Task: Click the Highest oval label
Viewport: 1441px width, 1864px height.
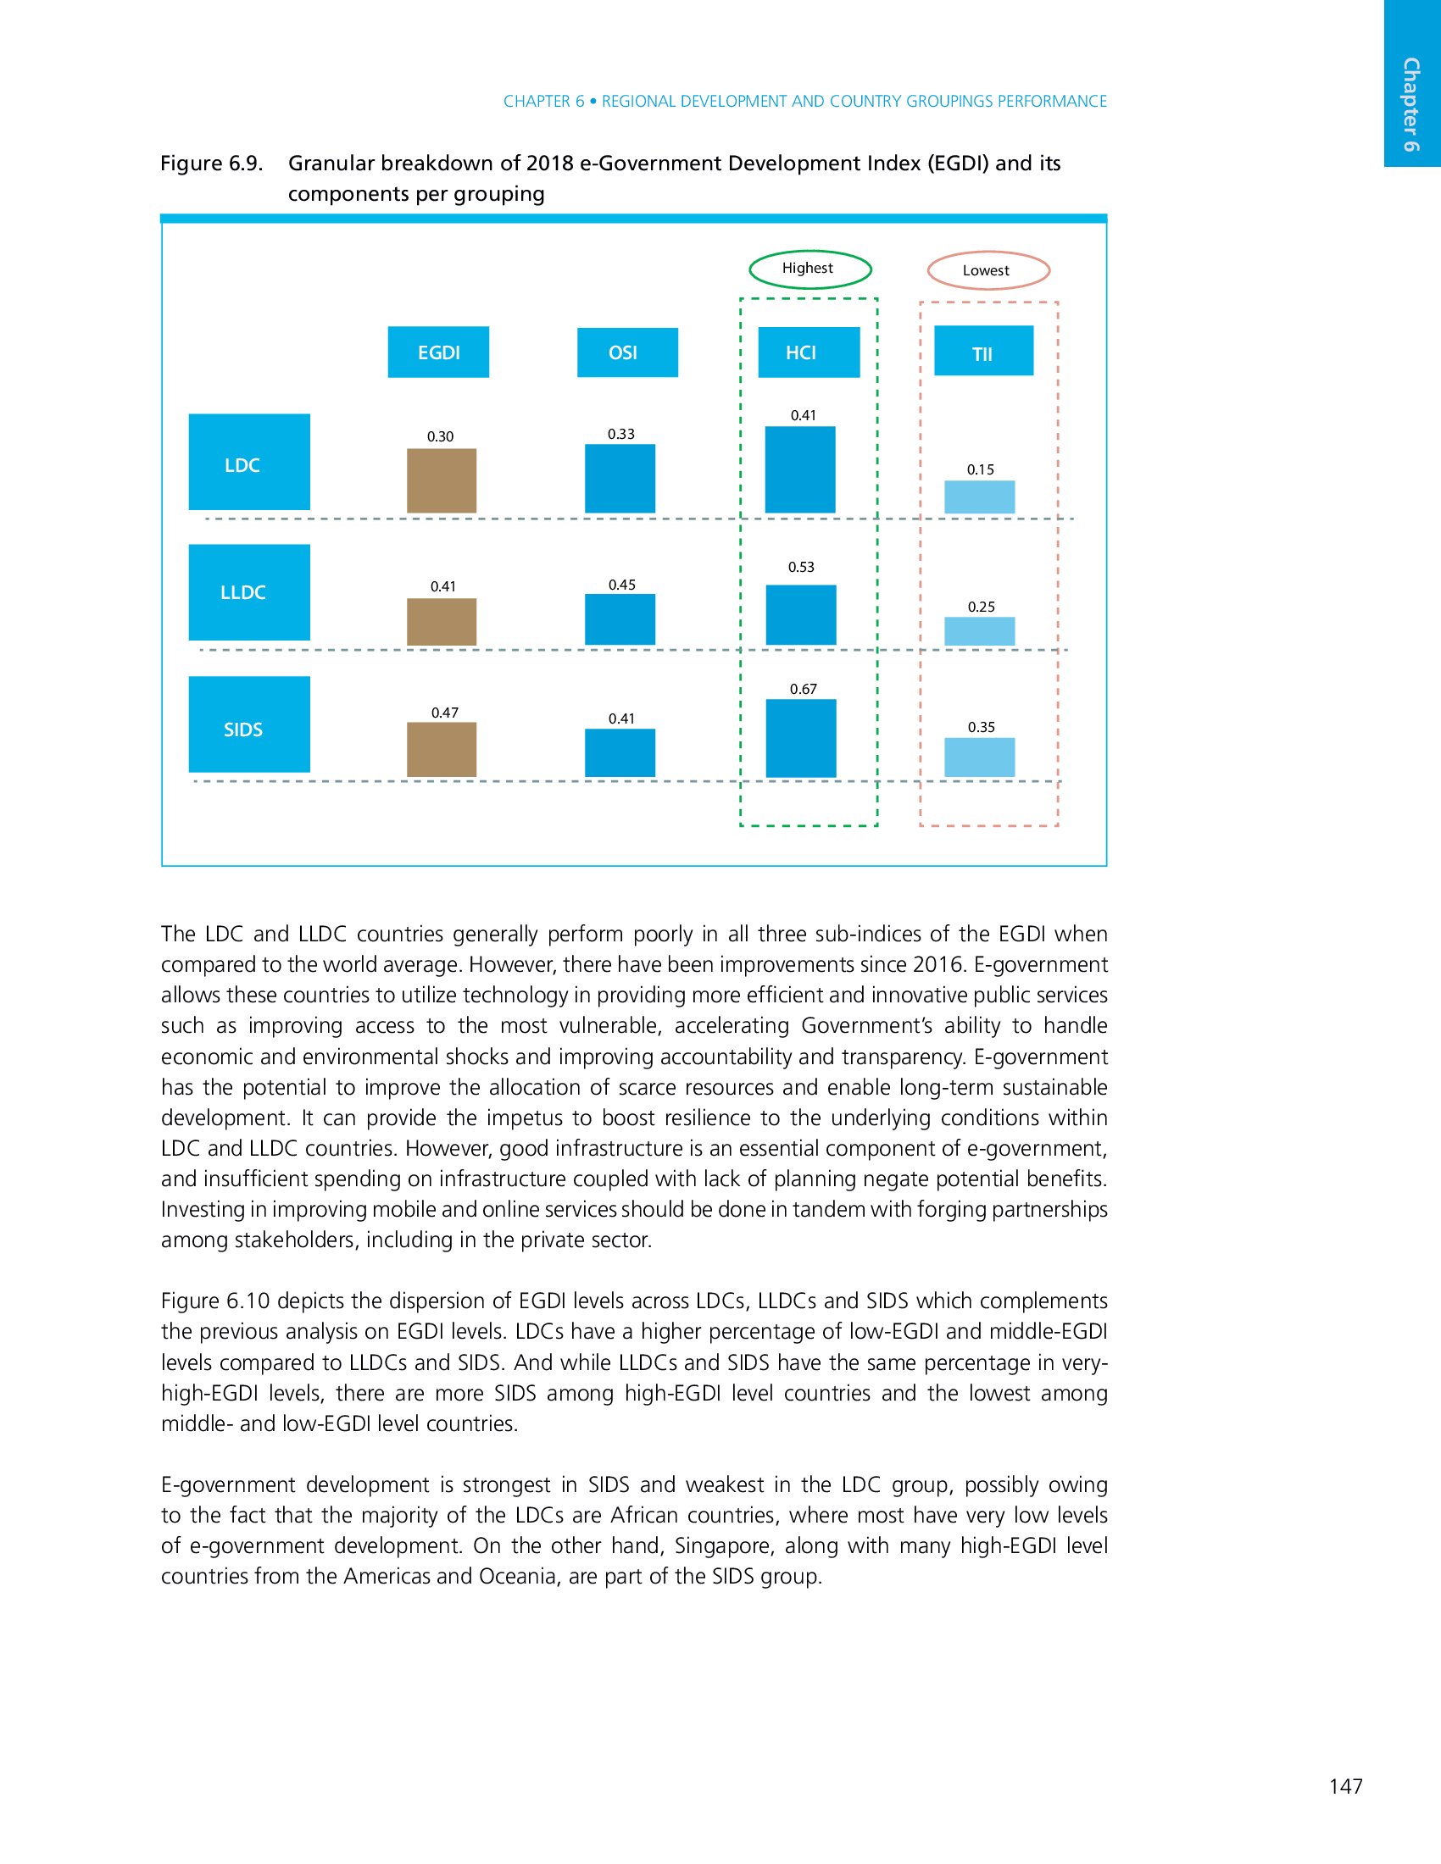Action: click(x=810, y=269)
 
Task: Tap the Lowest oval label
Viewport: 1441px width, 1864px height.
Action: click(x=988, y=270)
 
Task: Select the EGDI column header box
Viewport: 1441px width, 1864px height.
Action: click(x=438, y=352)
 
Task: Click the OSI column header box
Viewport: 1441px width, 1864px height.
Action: click(x=626, y=352)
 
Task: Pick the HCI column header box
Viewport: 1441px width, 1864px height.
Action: click(x=809, y=352)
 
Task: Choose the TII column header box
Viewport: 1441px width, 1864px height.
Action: click(x=983, y=351)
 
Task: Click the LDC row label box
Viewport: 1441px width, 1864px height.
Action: click(x=248, y=462)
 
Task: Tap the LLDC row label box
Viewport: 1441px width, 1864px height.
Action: click(x=248, y=592)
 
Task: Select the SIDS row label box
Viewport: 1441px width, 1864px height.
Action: click(x=248, y=724)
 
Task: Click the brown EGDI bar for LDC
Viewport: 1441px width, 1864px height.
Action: click(x=442, y=480)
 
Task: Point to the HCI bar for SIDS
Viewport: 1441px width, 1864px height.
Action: click(x=801, y=738)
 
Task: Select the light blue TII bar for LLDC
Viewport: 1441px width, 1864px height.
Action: click(x=979, y=630)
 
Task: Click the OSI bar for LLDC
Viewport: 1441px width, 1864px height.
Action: click(x=620, y=619)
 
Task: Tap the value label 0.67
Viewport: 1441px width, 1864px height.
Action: click(x=804, y=689)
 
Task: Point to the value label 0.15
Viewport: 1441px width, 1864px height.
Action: click(x=980, y=469)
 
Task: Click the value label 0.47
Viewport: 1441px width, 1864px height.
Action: click(x=444, y=713)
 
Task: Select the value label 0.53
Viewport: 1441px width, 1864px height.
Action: click(x=801, y=567)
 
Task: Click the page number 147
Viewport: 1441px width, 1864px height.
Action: click(x=1345, y=1786)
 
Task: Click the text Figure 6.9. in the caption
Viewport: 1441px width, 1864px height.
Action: click(x=212, y=163)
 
